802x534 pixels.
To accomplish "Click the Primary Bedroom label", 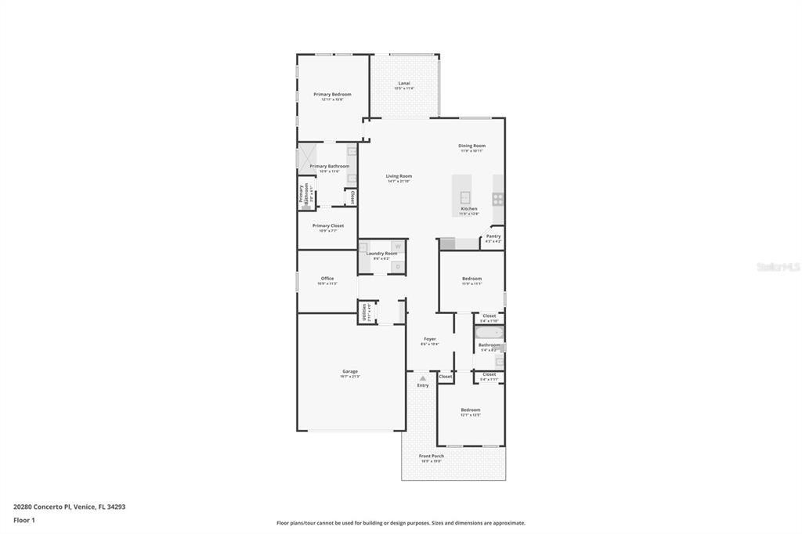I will click(332, 94).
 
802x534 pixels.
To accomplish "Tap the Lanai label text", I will click(404, 83).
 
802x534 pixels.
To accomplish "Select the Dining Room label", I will click(471, 146).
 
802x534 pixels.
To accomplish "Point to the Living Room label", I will click(399, 176).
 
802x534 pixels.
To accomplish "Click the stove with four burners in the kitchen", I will click(497, 199).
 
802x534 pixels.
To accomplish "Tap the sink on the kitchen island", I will click(464, 197).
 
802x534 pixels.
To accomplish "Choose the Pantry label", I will click(493, 236).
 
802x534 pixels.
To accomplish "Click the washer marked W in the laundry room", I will click(397, 247).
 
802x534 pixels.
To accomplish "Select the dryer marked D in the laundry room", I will click(397, 267).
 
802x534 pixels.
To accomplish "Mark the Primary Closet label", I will click(327, 226).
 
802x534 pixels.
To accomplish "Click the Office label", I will click(327, 278).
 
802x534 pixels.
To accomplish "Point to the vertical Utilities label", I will click(364, 312).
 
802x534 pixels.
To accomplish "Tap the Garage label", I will click(349, 371).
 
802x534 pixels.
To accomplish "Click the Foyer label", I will click(430, 339).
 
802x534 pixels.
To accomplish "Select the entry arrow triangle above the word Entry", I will click(423, 378).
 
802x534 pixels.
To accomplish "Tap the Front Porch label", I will click(432, 456).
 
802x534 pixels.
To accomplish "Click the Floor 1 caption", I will click(24, 520).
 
